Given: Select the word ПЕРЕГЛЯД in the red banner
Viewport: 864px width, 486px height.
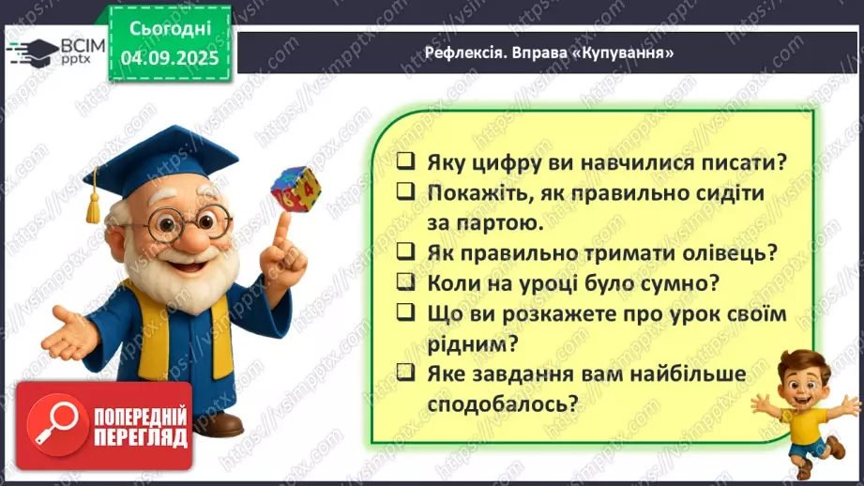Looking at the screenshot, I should pos(139,438).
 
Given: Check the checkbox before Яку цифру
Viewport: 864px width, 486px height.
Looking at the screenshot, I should pos(405,161).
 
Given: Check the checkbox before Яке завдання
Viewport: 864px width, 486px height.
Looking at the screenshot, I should pos(405,373).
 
